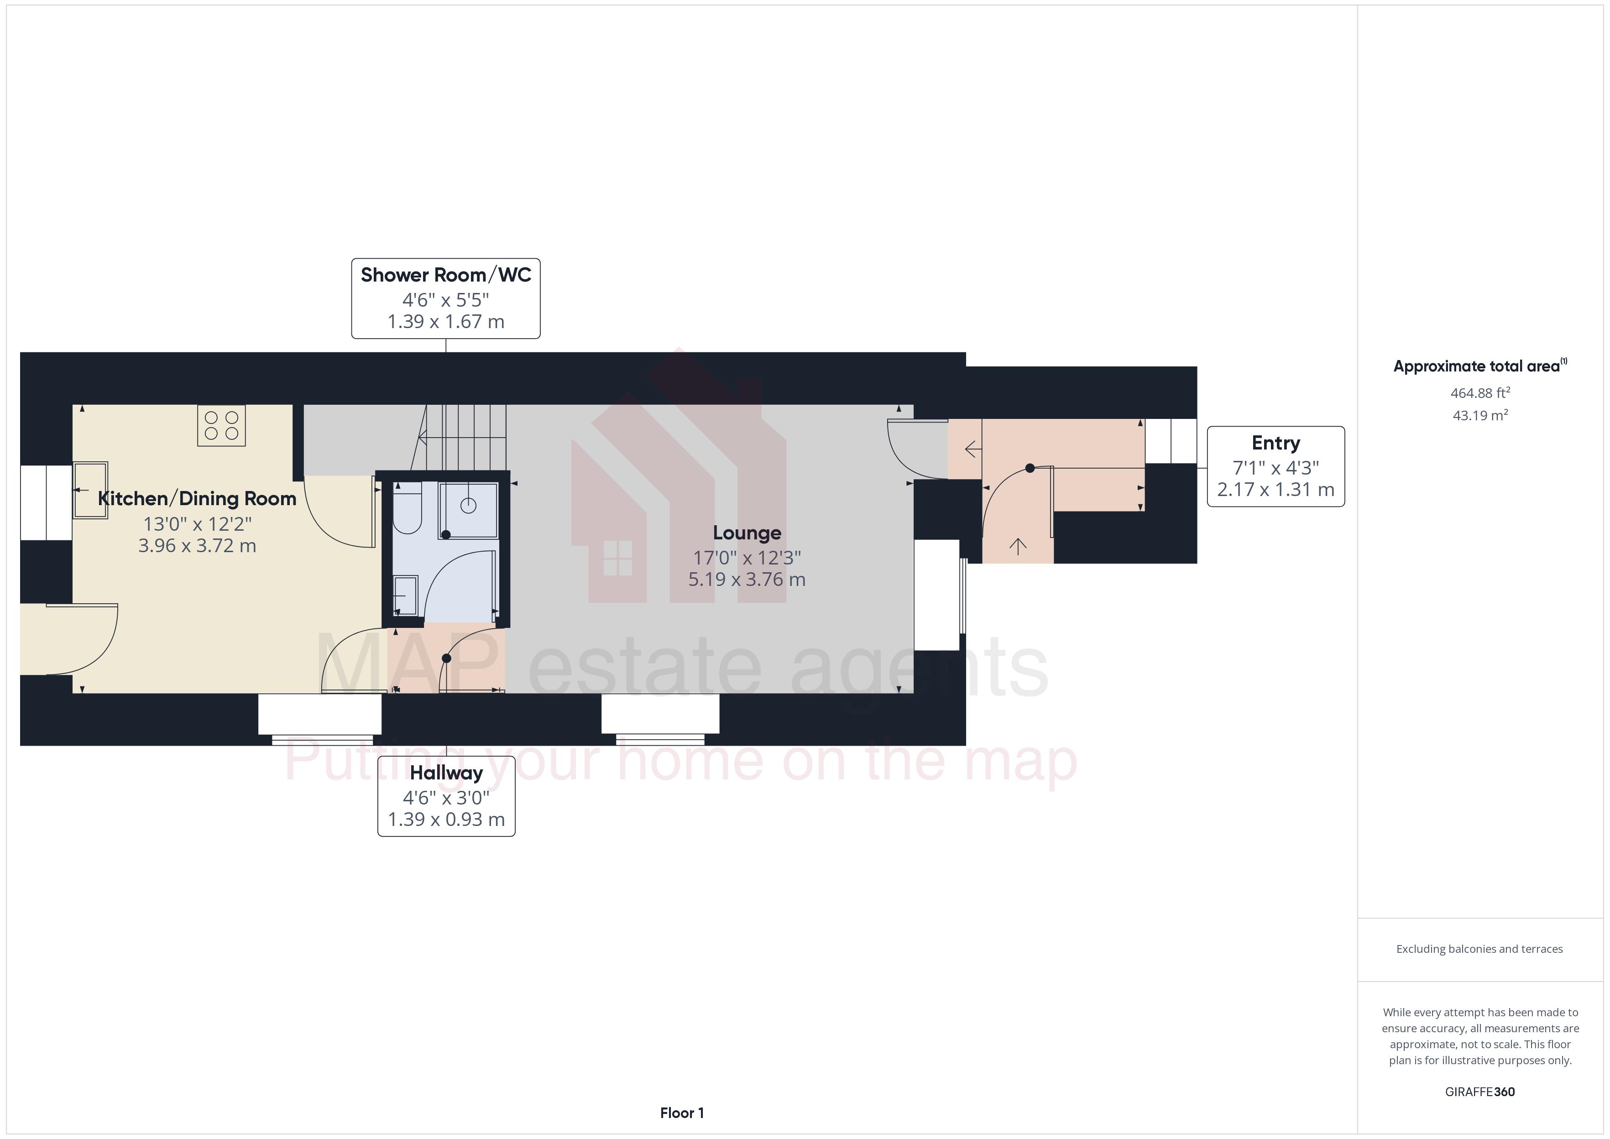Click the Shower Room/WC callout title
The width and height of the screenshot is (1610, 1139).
click(445, 275)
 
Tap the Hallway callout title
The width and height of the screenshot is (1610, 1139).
click(446, 773)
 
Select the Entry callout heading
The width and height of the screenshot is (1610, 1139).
click(1275, 443)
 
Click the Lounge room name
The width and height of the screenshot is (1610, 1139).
click(746, 533)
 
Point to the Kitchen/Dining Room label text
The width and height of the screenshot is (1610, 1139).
click(197, 499)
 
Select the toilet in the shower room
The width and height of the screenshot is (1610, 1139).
click(406, 511)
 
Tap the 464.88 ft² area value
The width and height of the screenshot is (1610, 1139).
click(1479, 393)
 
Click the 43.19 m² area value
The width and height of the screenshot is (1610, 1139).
click(1479, 415)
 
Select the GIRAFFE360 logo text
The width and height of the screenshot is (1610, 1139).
click(1479, 1092)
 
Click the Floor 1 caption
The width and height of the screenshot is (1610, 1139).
click(682, 1113)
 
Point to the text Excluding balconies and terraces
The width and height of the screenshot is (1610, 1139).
click(1479, 949)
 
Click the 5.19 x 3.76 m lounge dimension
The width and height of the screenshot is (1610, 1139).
click(746, 580)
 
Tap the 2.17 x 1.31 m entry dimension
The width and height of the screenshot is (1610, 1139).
click(1275, 490)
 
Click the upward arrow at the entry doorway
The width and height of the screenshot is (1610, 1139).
click(1018, 546)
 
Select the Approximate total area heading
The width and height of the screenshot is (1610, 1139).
click(1476, 366)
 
